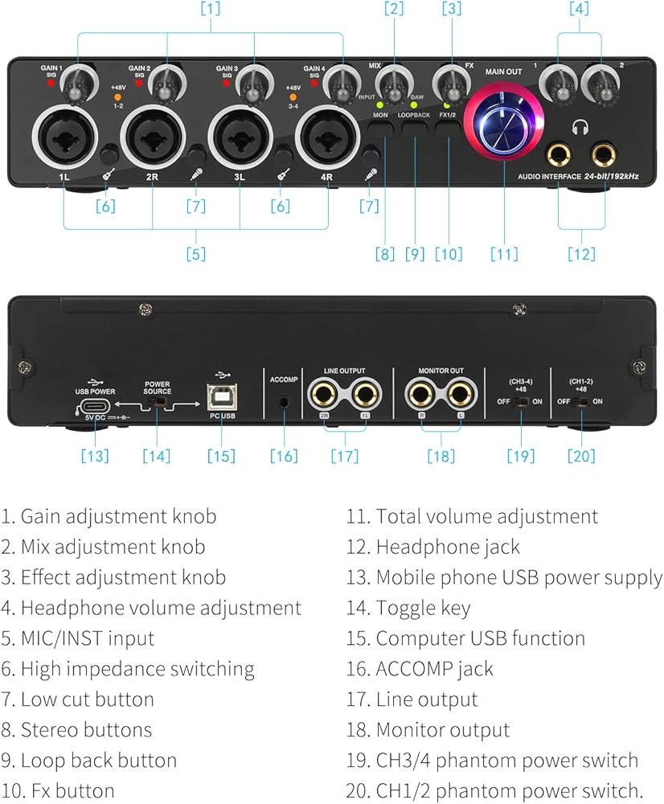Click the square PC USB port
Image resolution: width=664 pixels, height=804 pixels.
221,398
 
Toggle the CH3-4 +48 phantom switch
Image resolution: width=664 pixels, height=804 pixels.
522,401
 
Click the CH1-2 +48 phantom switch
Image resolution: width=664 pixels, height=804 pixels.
581,401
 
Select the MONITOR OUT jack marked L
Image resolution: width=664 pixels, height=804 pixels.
461,395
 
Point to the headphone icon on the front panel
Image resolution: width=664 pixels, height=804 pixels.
579,126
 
